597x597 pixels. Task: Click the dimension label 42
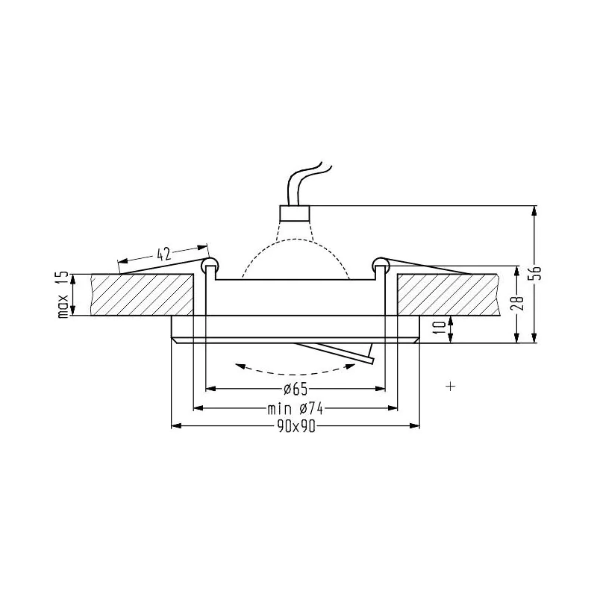[163, 254]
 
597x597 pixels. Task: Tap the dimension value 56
[536, 273]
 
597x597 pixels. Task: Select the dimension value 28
[519, 303]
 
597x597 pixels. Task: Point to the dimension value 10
[440, 327]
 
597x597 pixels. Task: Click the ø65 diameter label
[296, 389]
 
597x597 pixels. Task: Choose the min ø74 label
[296, 409]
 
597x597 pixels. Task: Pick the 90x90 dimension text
[296, 427]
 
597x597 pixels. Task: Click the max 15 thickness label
[63, 295]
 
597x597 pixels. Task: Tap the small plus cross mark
[451, 386]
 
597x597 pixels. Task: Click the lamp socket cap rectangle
[295, 213]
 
